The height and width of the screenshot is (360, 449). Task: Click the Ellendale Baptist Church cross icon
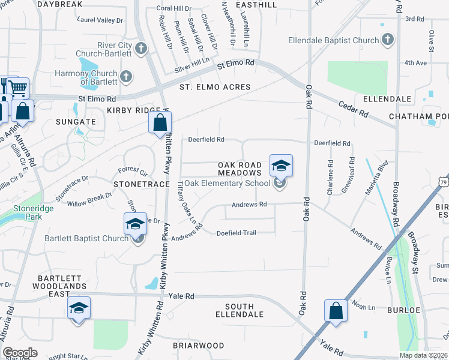388,40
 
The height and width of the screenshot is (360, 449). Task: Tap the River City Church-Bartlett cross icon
141,48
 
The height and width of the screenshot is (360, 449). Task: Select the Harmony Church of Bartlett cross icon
125,76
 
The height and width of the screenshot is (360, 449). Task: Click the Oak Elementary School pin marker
281,166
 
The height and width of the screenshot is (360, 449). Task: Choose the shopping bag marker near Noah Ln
336,311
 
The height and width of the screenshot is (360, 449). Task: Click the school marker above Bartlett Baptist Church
136,224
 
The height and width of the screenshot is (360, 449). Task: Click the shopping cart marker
19,89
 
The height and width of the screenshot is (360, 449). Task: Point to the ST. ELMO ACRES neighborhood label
215,87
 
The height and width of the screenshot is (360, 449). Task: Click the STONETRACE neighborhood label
142,184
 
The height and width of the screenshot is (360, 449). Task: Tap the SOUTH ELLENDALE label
240,310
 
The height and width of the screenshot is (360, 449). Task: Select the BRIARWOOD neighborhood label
199,346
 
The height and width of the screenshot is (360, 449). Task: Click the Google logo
20,353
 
